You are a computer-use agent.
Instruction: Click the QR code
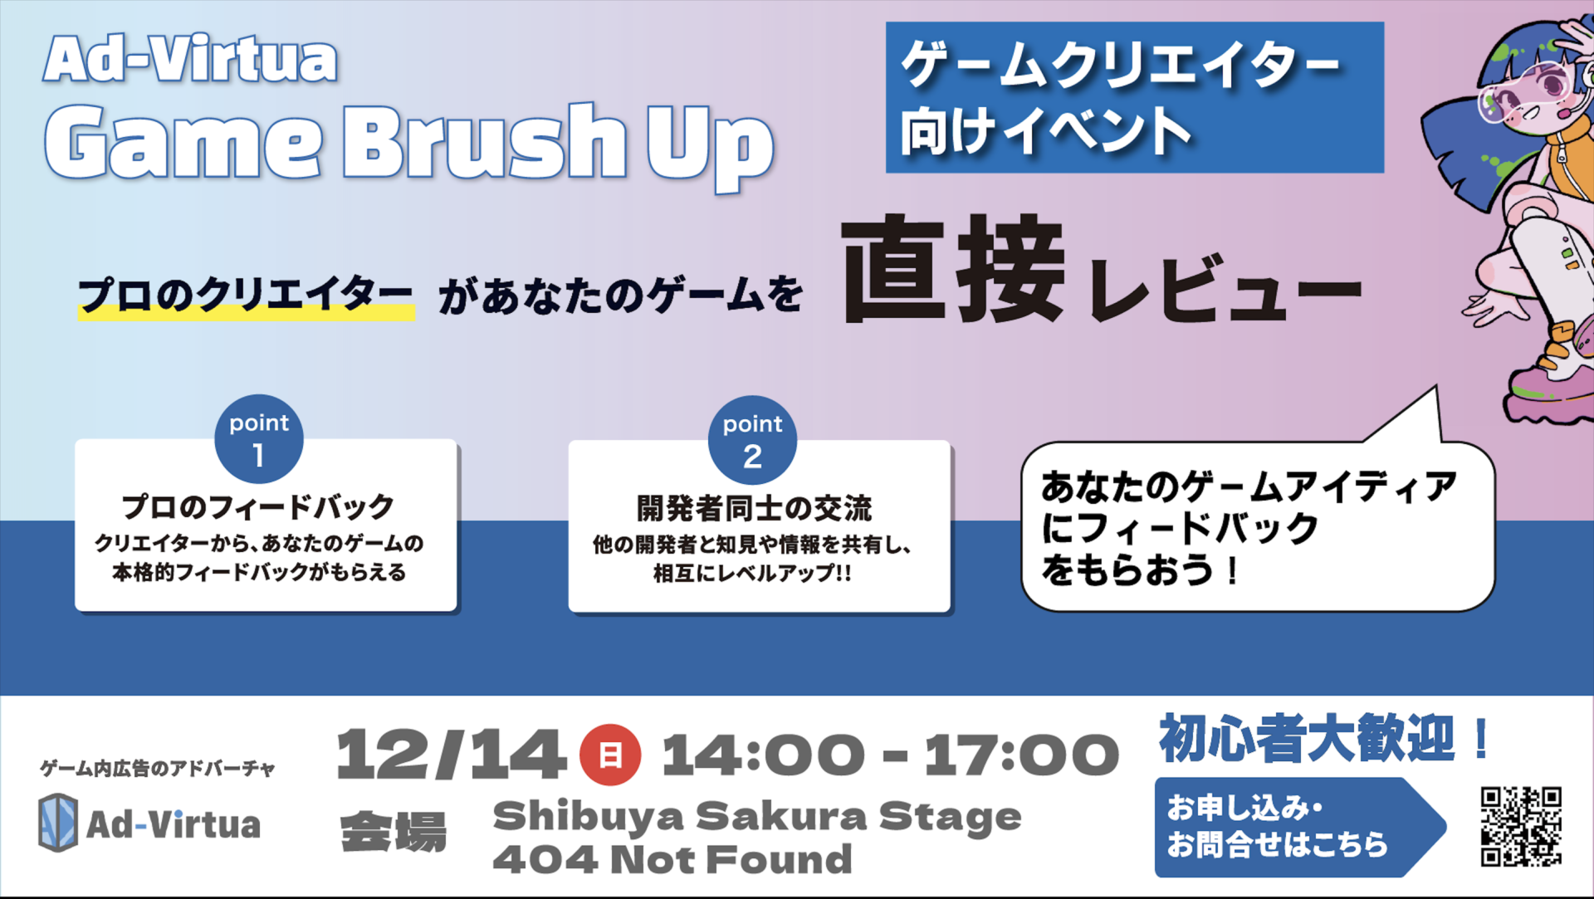click(x=1521, y=827)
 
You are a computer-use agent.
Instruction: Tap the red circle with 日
click(x=610, y=755)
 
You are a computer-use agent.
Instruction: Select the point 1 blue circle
click(x=259, y=438)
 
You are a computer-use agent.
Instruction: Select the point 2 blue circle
click(x=752, y=440)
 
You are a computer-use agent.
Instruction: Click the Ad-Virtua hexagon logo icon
click(x=58, y=822)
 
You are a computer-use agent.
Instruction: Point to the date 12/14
click(x=451, y=755)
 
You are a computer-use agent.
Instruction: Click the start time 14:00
click(x=764, y=755)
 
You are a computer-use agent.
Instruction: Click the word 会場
click(x=394, y=833)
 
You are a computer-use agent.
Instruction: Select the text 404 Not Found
click(x=672, y=860)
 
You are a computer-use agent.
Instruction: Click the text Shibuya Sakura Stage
click(x=757, y=817)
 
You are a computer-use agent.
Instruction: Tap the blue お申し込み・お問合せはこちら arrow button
click(x=1300, y=827)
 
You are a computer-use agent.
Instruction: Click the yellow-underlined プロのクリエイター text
click(x=246, y=296)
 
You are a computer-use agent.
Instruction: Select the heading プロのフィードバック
click(x=258, y=506)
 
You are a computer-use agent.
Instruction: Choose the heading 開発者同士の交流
click(x=755, y=508)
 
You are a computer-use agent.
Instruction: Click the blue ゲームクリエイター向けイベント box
click(x=1135, y=97)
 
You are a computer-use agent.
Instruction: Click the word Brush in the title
click(x=484, y=141)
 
